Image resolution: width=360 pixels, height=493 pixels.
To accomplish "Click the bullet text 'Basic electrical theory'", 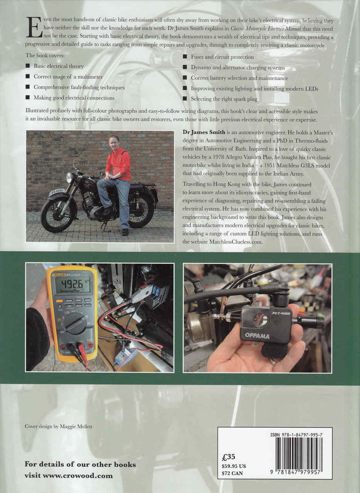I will [x=58, y=66].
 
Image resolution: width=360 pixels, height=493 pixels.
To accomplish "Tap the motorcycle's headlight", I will [x=70, y=178].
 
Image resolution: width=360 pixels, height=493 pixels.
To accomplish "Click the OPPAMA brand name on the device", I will [x=257, y=336].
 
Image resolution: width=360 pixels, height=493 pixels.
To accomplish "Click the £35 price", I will [x=229, y=457].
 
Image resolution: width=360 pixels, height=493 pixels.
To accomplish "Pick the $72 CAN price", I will [x=232, y=473].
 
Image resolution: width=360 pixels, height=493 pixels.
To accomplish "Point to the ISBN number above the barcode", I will [x=296, y=434].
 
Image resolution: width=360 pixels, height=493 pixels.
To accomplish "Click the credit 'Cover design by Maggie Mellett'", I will [x=59, y=427].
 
